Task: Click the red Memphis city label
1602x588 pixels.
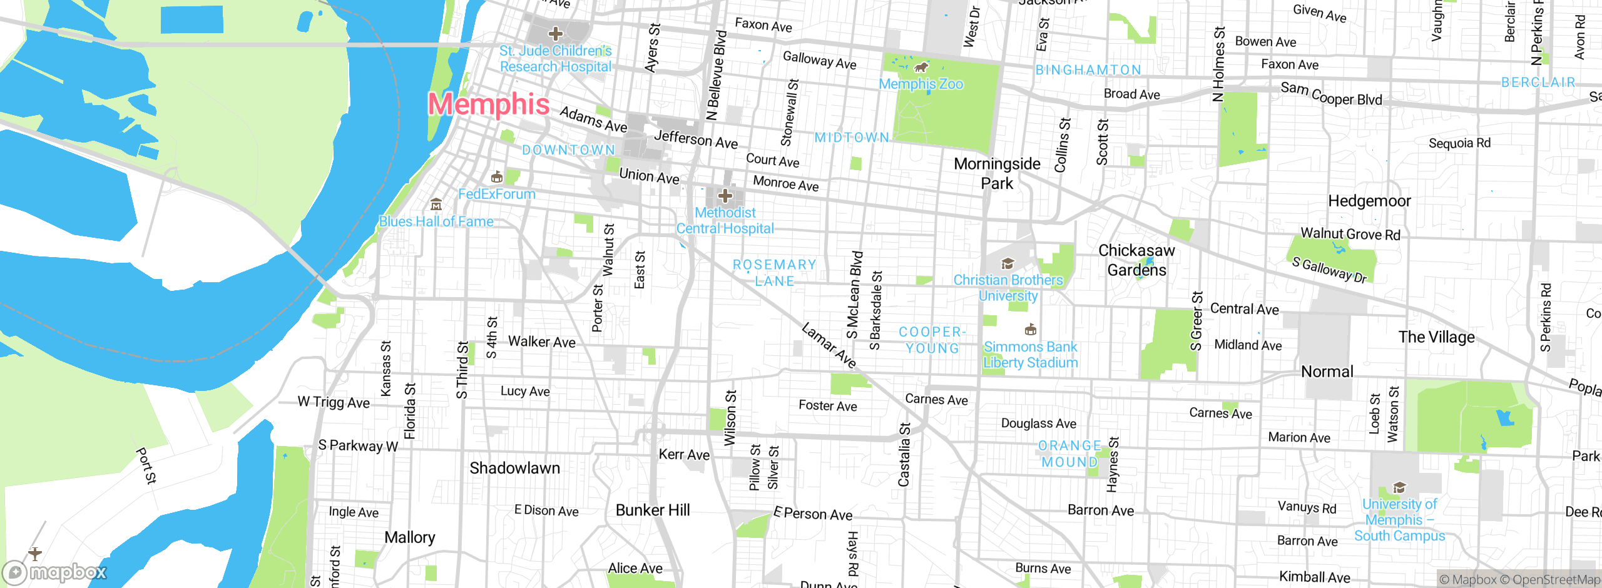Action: [489, 104]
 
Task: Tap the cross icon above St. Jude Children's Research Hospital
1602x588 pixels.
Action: [555, 34]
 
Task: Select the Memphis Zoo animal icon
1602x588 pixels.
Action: [921, 67]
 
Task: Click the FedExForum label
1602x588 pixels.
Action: [497, 194]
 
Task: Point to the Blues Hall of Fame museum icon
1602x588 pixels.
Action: [436, 205]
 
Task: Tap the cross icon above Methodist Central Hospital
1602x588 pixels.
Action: [725, 196]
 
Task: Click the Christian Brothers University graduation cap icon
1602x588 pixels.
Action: [1008, 263]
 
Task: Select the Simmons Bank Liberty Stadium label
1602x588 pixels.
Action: [1030, 355]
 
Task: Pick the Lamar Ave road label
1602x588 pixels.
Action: [829, 345]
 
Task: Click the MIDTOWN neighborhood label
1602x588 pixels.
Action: [852, 137]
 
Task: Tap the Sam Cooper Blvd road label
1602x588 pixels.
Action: [1331, 94]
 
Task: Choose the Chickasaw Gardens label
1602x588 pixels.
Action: [1136, 260]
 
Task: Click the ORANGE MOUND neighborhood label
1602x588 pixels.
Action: [1069, 454]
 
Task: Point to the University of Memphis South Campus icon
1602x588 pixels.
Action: [1399, 487]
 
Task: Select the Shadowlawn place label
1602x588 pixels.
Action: [514, 468]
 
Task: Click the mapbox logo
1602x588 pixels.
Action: [54, 572]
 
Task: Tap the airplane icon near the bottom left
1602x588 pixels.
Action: [35, 553]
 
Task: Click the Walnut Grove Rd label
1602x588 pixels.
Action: [1350, 233]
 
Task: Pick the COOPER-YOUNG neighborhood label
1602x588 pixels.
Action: [932, 340]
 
